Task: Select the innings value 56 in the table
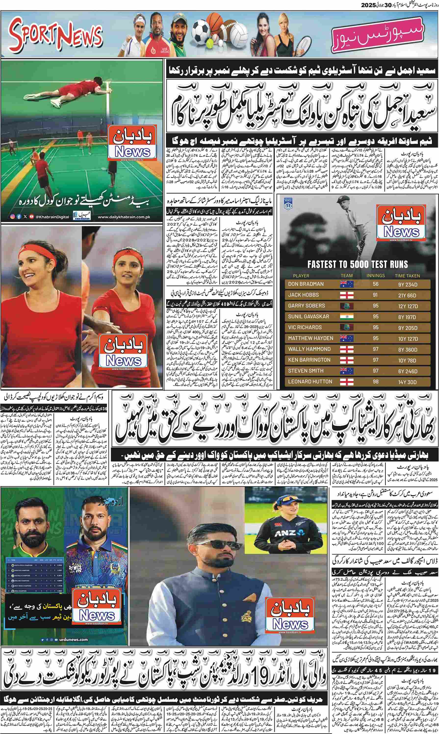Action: [375, 284]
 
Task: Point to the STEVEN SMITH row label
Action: [306, 371]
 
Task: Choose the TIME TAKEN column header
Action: [407, 276]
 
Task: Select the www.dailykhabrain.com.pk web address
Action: [124, 217]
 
